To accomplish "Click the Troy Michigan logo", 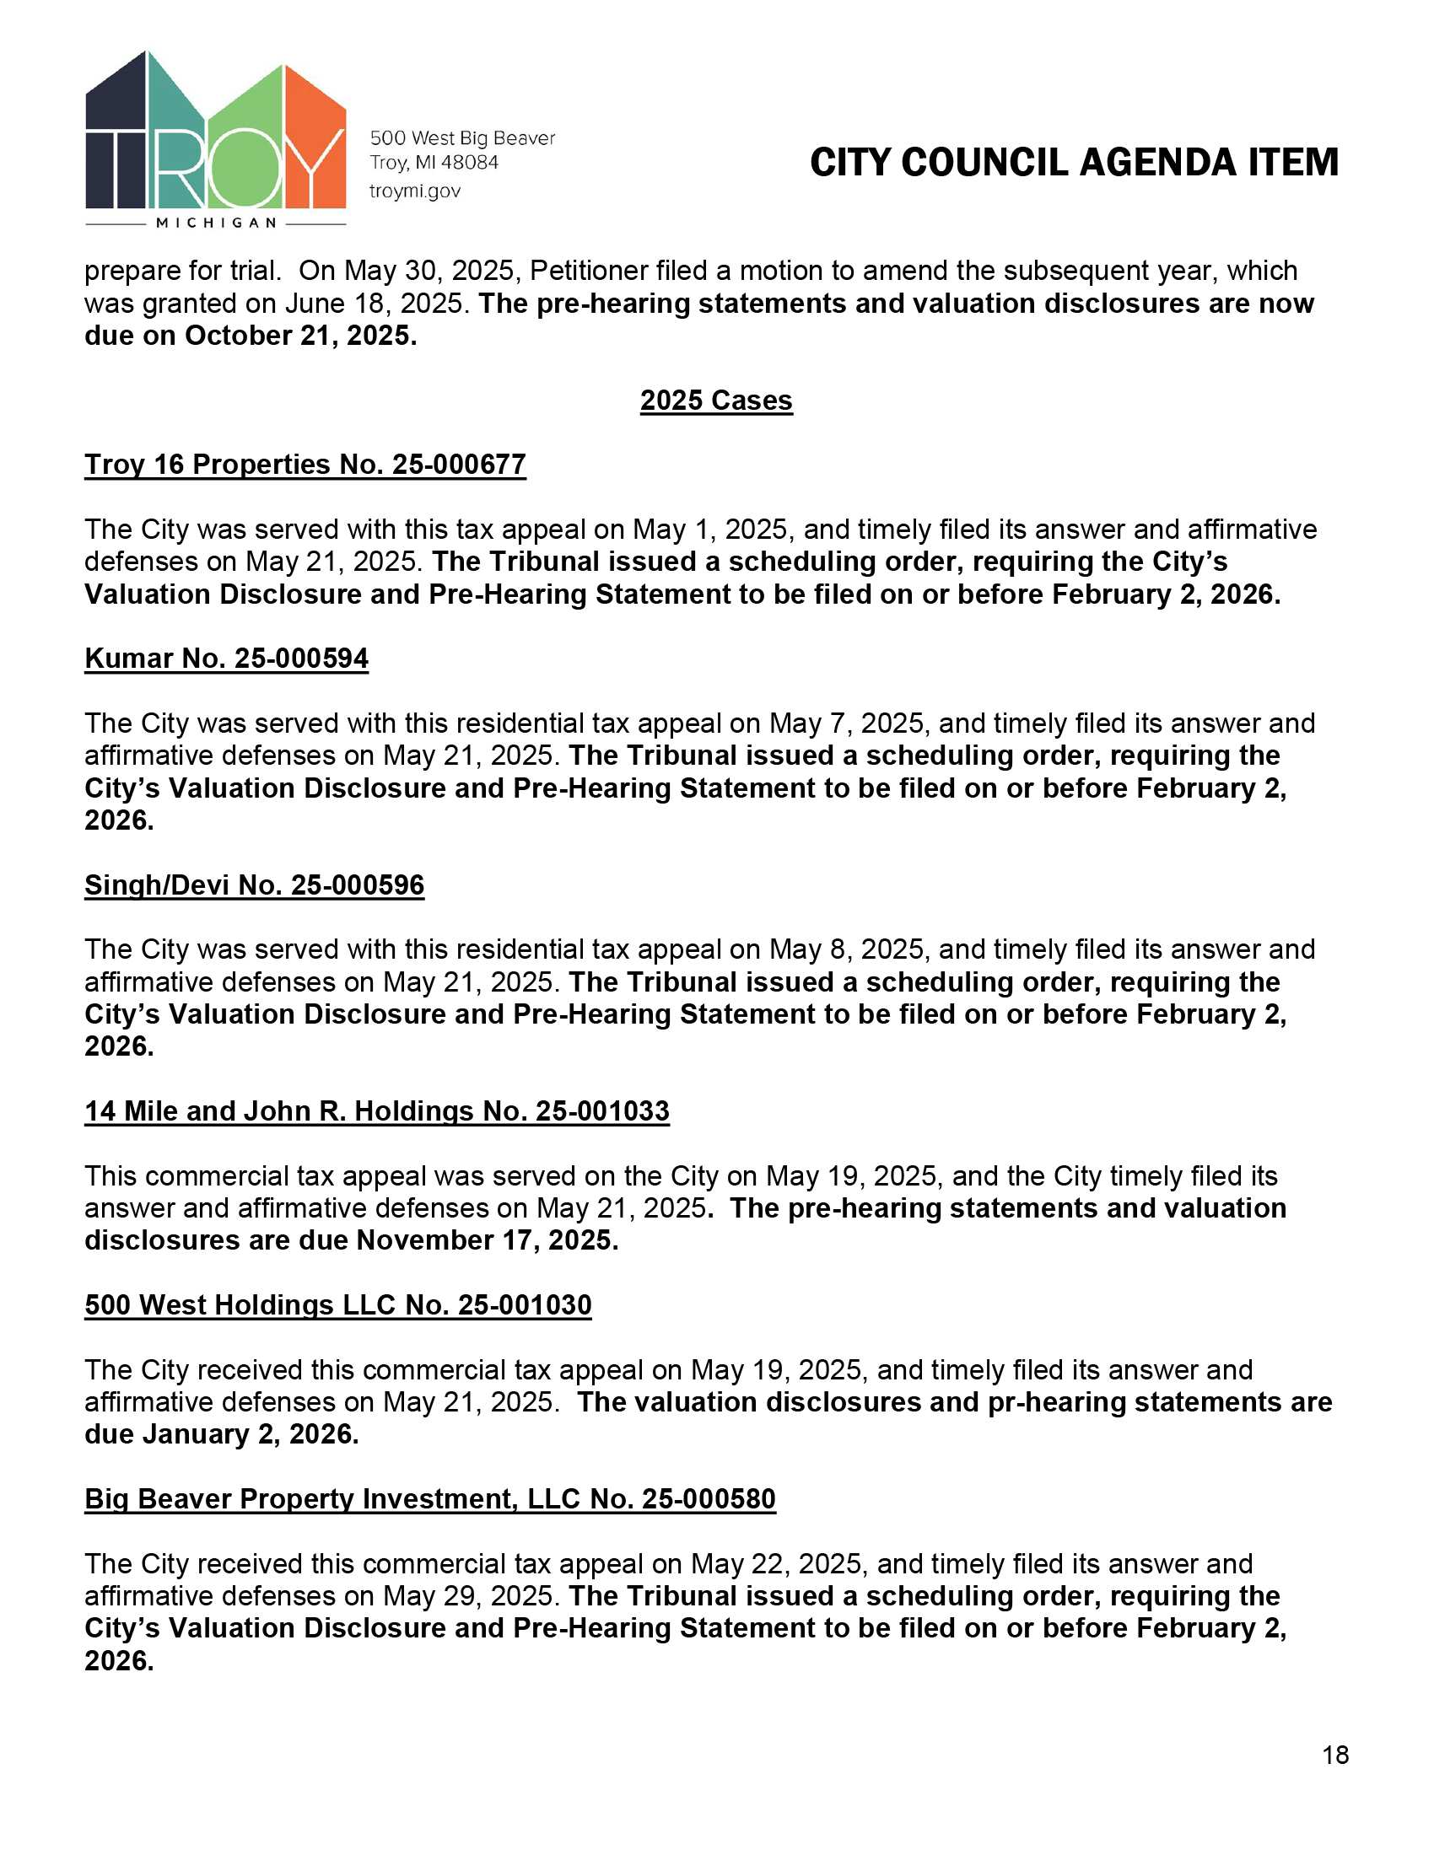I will (215, 136).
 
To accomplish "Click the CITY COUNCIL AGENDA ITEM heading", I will (1074, 162).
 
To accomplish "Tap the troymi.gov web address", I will (414, 191).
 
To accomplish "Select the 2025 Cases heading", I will (716, 400).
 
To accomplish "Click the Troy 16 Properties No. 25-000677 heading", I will (305, 465).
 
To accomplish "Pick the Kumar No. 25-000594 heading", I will (226, 659).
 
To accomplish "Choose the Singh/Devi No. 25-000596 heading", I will (254, 885).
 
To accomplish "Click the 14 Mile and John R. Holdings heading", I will (376, 1111).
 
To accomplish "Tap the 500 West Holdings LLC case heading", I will (337, 1304).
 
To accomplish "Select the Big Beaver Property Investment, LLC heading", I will (430, 1498).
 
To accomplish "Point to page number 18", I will (1335, 1755).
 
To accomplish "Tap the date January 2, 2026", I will (250, 1433).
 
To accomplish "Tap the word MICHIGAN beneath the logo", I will (217, 223).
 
